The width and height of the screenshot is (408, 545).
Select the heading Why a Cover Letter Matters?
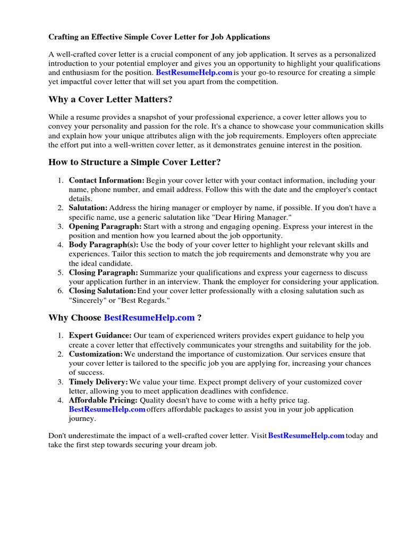110,100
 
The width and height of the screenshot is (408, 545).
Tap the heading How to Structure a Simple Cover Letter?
134,162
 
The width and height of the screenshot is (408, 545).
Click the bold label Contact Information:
107,180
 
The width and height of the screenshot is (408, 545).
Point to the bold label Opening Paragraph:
105,226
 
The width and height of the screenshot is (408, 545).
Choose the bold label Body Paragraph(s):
104,245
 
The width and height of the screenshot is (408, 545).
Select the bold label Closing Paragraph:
104,272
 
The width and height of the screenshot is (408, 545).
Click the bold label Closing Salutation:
103,291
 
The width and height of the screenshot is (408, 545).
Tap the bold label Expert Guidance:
100,335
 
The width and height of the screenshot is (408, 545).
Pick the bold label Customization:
96,354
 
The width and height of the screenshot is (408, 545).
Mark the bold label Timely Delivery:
98,382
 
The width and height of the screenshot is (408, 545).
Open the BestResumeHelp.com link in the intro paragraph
194,72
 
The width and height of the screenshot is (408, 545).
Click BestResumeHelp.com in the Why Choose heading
149,318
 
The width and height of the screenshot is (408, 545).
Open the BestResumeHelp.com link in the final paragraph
307,435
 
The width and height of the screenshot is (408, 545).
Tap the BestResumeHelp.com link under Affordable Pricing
107,409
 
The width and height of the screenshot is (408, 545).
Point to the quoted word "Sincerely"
87,300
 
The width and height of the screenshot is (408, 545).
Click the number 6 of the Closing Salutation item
61,291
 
